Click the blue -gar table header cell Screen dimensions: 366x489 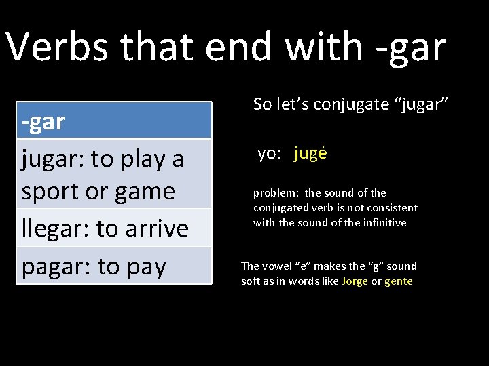point(114,121)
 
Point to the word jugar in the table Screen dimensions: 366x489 point(52,159)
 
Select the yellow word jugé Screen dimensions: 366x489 point(310,154)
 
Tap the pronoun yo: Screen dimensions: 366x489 point(269,154)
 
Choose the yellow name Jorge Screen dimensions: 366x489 point(355,281)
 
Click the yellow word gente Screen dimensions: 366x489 point(399,281)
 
